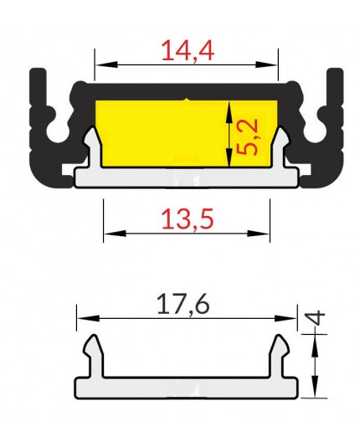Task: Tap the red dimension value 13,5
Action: click(187, 220)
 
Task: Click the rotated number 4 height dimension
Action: click(316, 320)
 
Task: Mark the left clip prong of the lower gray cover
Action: click(93, 345)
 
